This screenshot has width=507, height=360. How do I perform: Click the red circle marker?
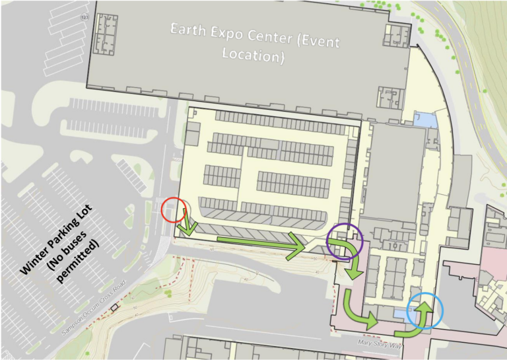[x=175, y=211]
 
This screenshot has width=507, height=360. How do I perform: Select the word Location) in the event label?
[x=253, y=55]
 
